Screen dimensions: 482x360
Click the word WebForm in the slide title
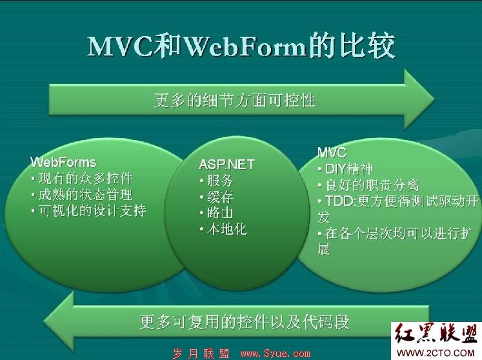pos(245,46)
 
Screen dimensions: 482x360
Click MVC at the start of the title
pos(120,46)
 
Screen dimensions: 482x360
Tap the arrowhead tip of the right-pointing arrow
pos(434,99)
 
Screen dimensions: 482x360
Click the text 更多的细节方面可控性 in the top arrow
pos(234,100)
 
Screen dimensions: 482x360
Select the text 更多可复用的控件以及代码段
pos(245,322)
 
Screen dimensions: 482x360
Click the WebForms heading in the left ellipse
pos(63,162)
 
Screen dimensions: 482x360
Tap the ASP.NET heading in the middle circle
pos(226,165)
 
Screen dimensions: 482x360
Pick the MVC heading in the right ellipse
pos(332,152)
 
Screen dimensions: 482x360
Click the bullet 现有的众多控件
pos(82,178)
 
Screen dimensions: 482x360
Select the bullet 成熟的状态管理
pos(82,195)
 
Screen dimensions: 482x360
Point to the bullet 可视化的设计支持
pos(89,211)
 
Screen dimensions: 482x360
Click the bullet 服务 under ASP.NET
pos(217,181)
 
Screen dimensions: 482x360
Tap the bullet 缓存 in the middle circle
pos(217,197)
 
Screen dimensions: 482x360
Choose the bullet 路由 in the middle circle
pos(217,213)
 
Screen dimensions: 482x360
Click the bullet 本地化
pos(223,229)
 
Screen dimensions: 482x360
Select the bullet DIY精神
pos(345,169)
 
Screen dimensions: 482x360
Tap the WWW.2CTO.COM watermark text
pos(436,353)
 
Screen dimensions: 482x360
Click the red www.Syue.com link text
pos(276,354)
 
